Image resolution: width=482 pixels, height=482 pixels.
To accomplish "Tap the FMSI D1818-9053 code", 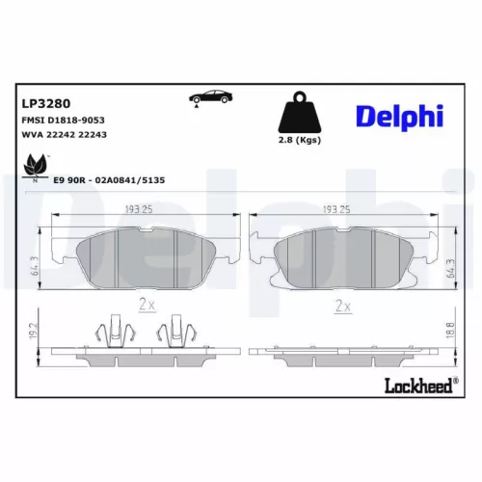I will coord(63,119).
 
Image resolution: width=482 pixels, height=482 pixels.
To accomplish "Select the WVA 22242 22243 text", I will coord(64,136).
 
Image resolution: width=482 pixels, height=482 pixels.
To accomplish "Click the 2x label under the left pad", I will coord(147,305).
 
